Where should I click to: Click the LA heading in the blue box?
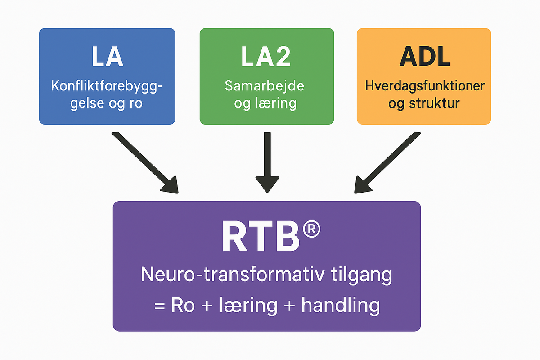(x=107, y=57)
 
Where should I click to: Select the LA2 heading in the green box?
(x=266, y=57)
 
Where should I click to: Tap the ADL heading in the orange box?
(x=423, y=57)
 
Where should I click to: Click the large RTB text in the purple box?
(x=260, y=236)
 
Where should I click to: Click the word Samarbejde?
(x=265, y=85)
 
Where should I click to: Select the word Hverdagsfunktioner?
(x=423, y=85)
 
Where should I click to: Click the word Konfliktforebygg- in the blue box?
(x=107, y=85)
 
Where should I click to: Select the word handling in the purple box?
(x=341, y=306)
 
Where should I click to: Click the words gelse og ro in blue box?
(x=107, y=103)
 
